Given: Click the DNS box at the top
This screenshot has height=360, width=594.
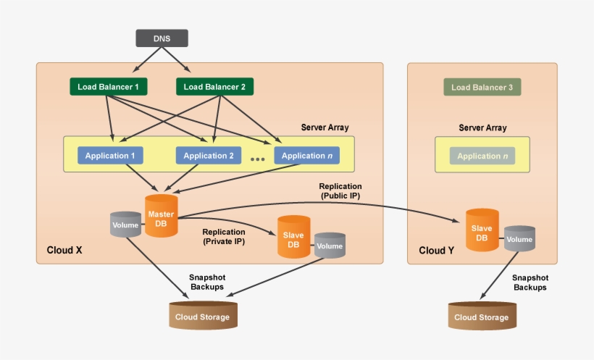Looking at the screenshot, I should pyautogui.click(x=162, y=38).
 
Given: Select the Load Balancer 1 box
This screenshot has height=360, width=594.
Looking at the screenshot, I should pyautogui.click(x=108, y=87).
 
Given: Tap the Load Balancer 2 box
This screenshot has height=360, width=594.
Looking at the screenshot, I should pyautogui.click(x=214, y=87).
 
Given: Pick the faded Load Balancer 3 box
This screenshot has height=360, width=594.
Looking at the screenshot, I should pyautogui.click(x=482, y=88).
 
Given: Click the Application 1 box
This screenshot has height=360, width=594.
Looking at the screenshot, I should pyautogui.click(x=110, y=155).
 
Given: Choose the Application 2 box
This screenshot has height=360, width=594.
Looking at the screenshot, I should pyautogui.click(x=208, y=155).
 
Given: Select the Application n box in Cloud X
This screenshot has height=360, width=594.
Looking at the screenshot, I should pyautogui.click(x=306, y=155).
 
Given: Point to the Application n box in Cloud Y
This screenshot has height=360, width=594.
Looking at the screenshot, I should pyautogui.click(x=482, y=156).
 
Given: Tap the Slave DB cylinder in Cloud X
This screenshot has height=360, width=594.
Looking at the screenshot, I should pyautogui.click(x=293, y=237).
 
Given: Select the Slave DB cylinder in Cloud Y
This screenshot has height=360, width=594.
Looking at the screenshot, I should pyautogui.click(x=481, y=230).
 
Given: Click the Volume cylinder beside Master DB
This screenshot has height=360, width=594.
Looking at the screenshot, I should pyautogui.click(x=125, y=225).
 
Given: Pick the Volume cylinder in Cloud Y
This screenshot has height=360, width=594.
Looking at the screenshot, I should pyautogui.click(x=519, y=240).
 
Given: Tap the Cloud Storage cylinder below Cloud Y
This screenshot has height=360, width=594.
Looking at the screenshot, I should pyautogui.click(x=482, y=317).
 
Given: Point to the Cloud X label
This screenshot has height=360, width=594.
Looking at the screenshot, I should pyautogui.click(x=64, y=251).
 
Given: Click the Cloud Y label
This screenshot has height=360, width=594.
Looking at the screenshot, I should pyautogui.click(x=437, y=251).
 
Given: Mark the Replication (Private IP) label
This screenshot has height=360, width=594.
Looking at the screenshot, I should pyautogui.click(x=224, y=237).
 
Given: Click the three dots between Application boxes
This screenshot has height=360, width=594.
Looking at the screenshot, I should pyautogui.click(x=257, y=159).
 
